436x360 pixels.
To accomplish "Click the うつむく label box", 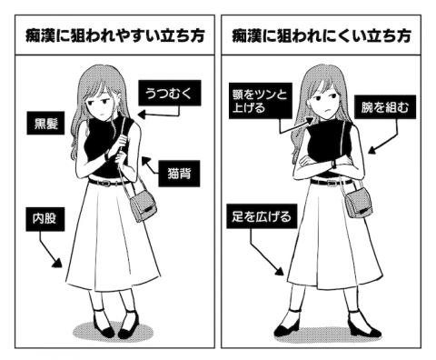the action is point(170,93).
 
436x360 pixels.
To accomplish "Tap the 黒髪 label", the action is point(45,123).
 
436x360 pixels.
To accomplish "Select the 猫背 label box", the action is point(179,174).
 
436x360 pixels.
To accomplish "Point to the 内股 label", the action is point(45,219).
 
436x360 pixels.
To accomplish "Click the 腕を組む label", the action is point(385,107).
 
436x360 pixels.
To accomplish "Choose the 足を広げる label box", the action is point(262,216).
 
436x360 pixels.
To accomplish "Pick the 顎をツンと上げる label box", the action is point(261,101).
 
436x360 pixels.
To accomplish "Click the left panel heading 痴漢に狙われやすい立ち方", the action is point(114,35).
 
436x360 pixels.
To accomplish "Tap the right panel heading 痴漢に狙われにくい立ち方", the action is point(322,35).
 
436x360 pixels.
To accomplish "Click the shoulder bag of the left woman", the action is point(143,205).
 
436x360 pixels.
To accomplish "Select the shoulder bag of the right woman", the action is point(360,202).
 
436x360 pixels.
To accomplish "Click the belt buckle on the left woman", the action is point(106,183).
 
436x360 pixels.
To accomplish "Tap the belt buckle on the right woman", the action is point(332,183).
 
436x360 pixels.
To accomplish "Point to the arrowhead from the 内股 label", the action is point(57,263).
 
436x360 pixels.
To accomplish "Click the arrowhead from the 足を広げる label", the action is point(280,271).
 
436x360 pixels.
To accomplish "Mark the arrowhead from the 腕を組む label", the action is point(372,150).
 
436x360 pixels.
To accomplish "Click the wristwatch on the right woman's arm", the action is point(334,164).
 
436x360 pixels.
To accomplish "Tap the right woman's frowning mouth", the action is point(326,110).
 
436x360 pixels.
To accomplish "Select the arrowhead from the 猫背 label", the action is point(145,160).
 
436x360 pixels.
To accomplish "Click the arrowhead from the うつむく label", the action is point(142,115).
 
